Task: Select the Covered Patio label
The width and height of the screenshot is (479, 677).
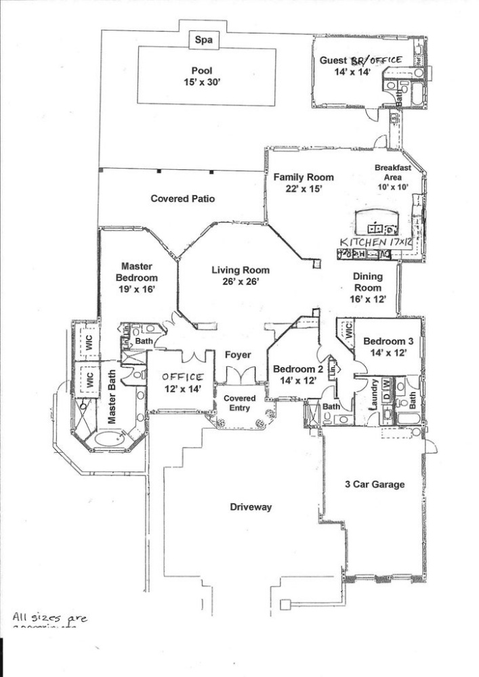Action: (x=183, y=199)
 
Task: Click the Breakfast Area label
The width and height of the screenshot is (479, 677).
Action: (x=392, y=177)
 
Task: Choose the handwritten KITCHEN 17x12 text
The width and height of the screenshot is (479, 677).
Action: (x=375, y=241)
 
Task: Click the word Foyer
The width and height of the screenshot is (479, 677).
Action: (x=238, y=355)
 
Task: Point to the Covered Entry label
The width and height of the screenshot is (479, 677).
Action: (x=239, y=403)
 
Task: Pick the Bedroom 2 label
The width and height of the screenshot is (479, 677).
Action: (x=298, y=374)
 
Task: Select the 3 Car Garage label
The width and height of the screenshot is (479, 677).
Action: (x=375, y=484)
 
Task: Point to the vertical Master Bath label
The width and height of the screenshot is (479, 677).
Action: (x=112, y=401)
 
